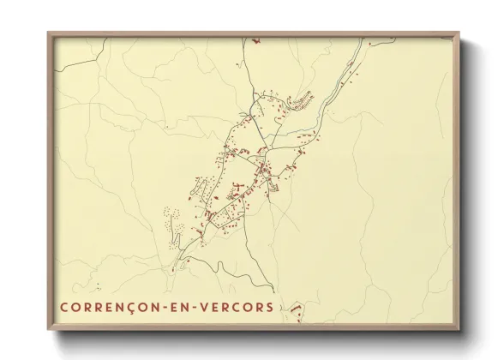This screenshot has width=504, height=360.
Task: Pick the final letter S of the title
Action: [x=271, y=307]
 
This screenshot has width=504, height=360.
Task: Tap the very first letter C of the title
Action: [x=64, y=307]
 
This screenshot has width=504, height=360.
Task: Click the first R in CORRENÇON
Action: [x=88, y=307]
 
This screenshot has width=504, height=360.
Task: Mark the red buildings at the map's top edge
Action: [x=255, y=40]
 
